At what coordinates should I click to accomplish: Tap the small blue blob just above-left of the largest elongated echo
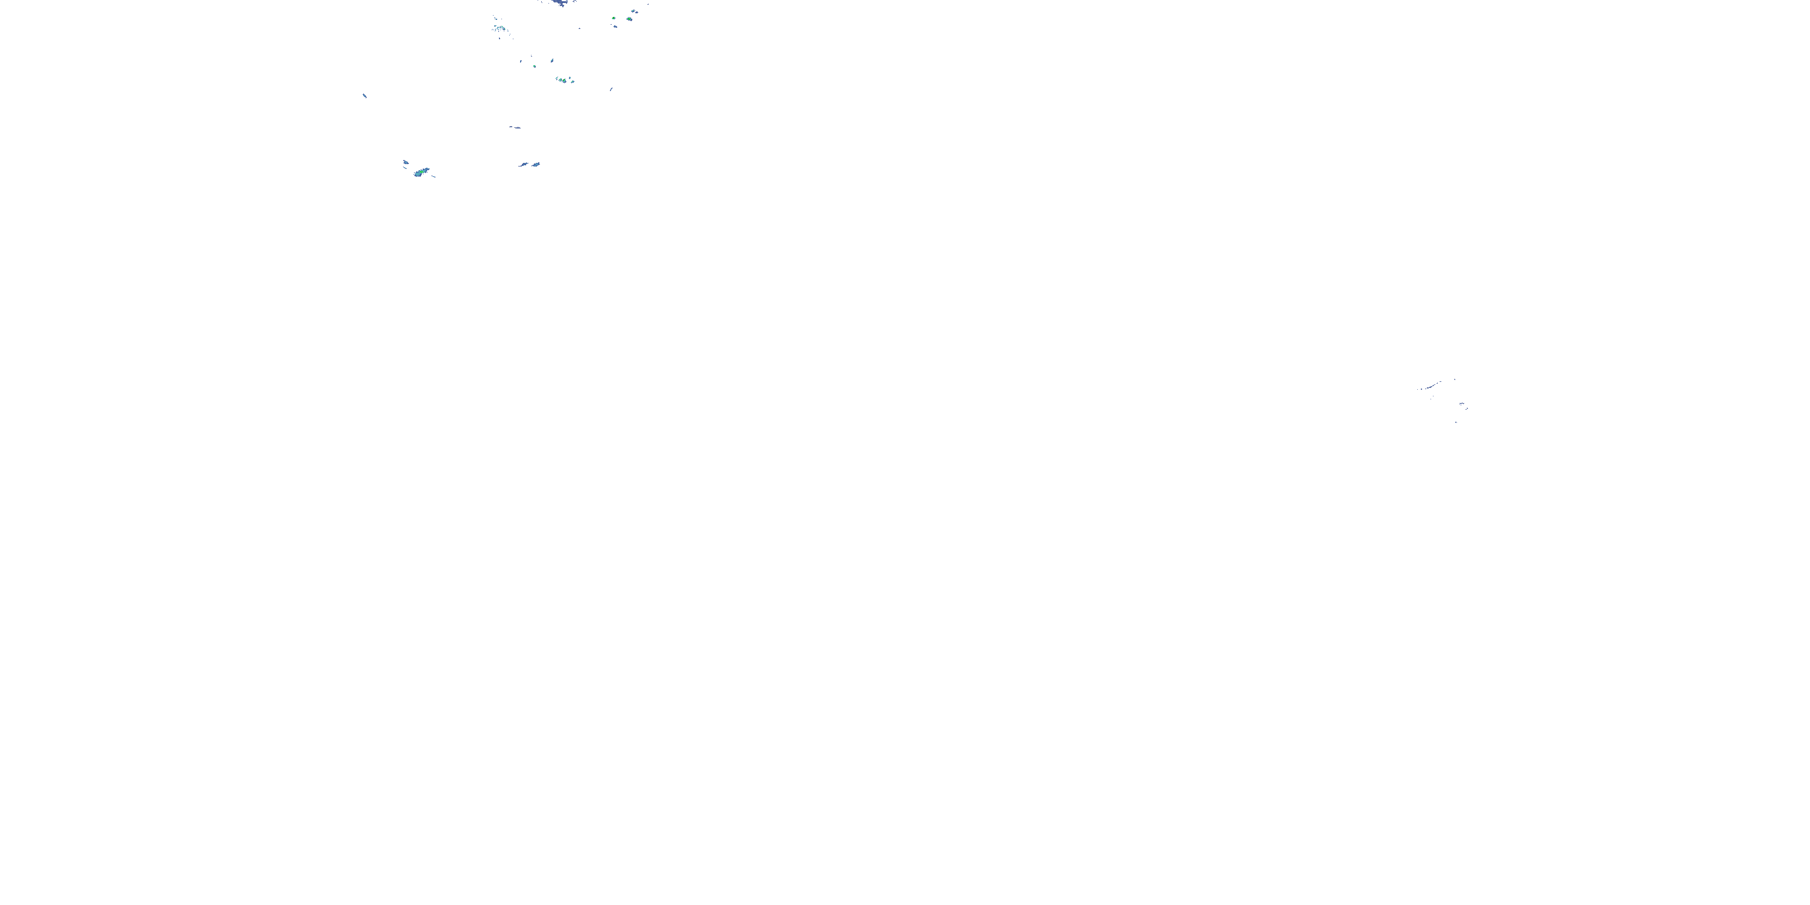[405, 162]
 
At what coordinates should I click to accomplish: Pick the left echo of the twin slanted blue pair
[524, 165]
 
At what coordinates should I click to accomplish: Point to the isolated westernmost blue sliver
[364, 95]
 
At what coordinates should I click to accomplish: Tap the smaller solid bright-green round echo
[614, 18]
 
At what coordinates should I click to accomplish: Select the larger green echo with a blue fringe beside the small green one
[629, 19]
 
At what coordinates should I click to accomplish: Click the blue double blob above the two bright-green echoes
[635, 11]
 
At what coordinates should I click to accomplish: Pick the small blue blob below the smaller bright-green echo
[615, 27]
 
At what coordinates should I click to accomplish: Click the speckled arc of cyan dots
[498, 27]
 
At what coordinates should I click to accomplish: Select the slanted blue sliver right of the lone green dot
[552, 61]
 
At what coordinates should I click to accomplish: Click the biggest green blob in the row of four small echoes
[563, 80]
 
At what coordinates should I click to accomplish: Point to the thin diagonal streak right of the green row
[611, 89]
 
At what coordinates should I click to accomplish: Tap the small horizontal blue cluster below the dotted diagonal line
[1463, 404]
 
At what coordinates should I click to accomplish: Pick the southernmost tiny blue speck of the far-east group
[1455, 422]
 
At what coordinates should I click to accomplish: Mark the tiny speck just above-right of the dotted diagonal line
[1454, 379]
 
